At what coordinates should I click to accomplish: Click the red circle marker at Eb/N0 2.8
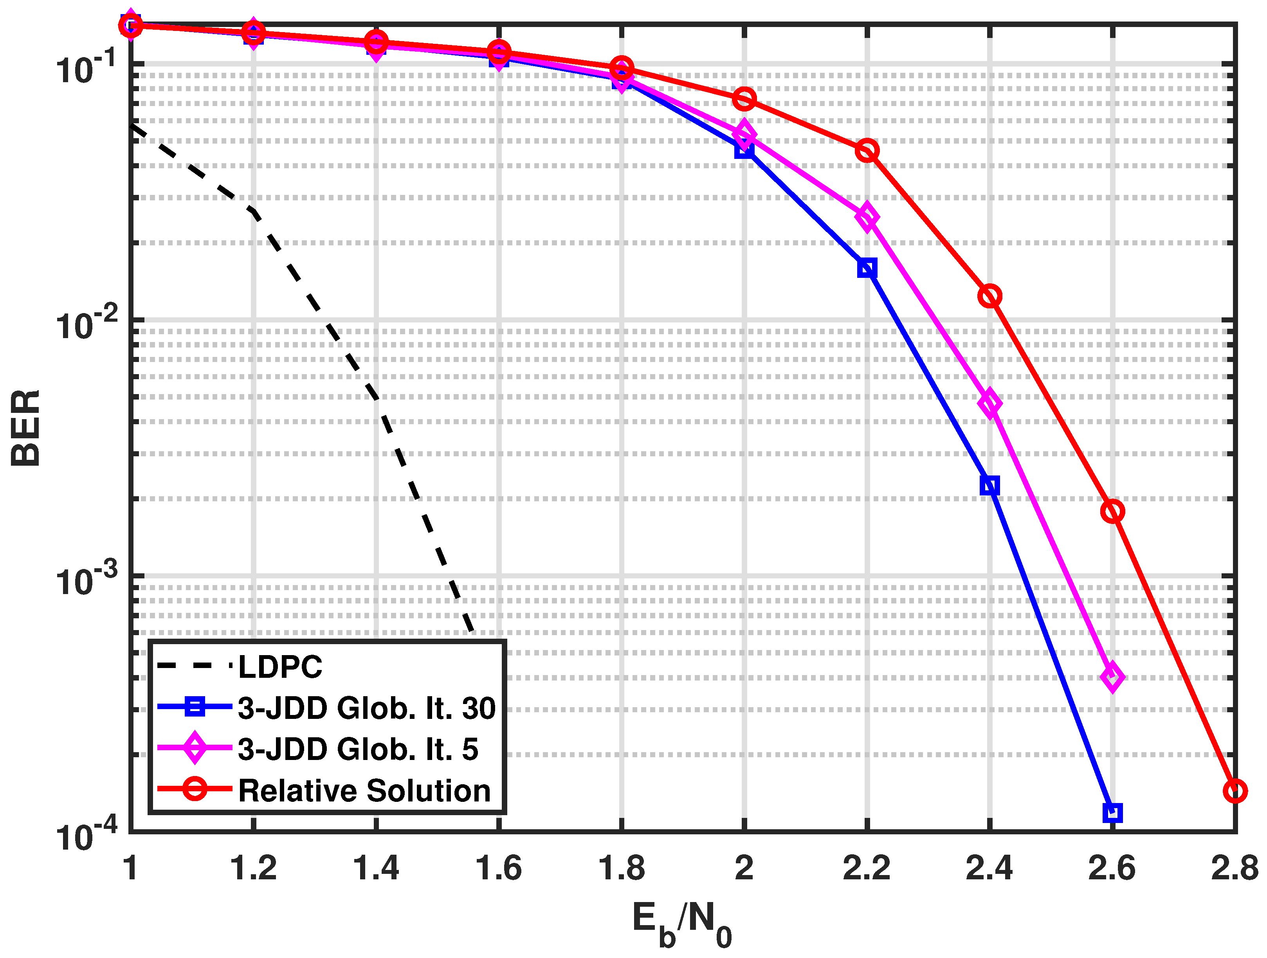(1235, 791)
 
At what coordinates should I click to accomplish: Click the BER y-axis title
(26, 429)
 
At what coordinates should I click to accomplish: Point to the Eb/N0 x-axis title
(681, 924)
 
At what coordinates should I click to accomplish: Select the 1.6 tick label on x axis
(498, 868)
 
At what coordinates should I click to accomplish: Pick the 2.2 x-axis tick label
(867, 868)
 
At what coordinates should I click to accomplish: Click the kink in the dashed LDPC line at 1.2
(254, 212)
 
